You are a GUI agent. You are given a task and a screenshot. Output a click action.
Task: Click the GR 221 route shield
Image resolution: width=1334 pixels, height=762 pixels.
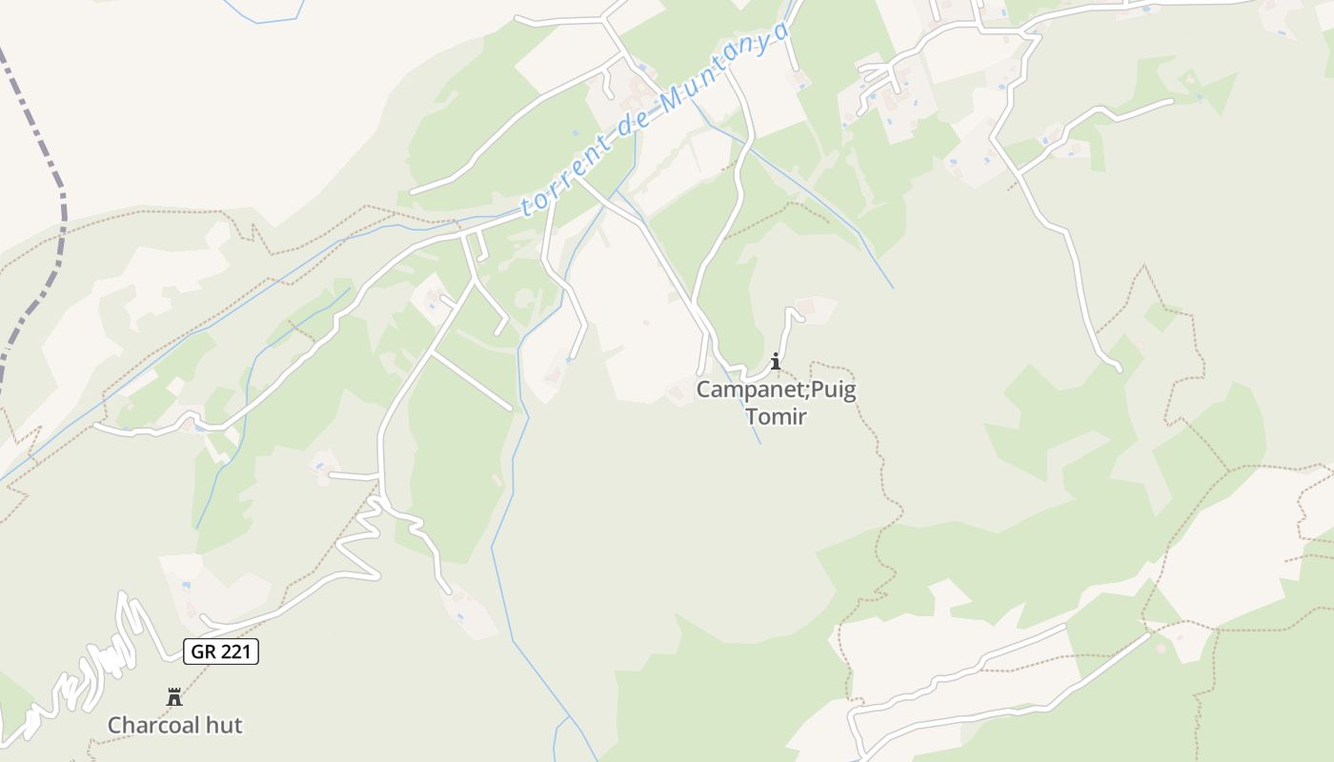[220, 652]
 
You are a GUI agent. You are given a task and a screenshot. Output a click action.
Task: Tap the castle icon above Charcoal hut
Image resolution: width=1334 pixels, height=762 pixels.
[174, 697]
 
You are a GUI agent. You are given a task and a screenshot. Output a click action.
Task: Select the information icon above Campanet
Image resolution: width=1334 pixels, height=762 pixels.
[776, 361]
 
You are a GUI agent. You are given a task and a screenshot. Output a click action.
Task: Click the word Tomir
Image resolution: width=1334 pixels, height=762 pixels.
[776, 416]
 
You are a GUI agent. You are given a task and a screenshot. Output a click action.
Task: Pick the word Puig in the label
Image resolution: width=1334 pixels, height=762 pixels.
[835, 390]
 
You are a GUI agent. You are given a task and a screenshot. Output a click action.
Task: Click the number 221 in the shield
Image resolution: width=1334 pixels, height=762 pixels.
[234, 652]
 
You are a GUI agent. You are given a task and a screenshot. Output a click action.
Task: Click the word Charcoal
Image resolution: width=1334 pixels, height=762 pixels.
[153, 725]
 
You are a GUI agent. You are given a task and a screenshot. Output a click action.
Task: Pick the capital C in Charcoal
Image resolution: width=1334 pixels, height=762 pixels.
[114, 725]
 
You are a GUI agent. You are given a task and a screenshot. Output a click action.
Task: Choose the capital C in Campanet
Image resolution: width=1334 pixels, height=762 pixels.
[703, 390]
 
